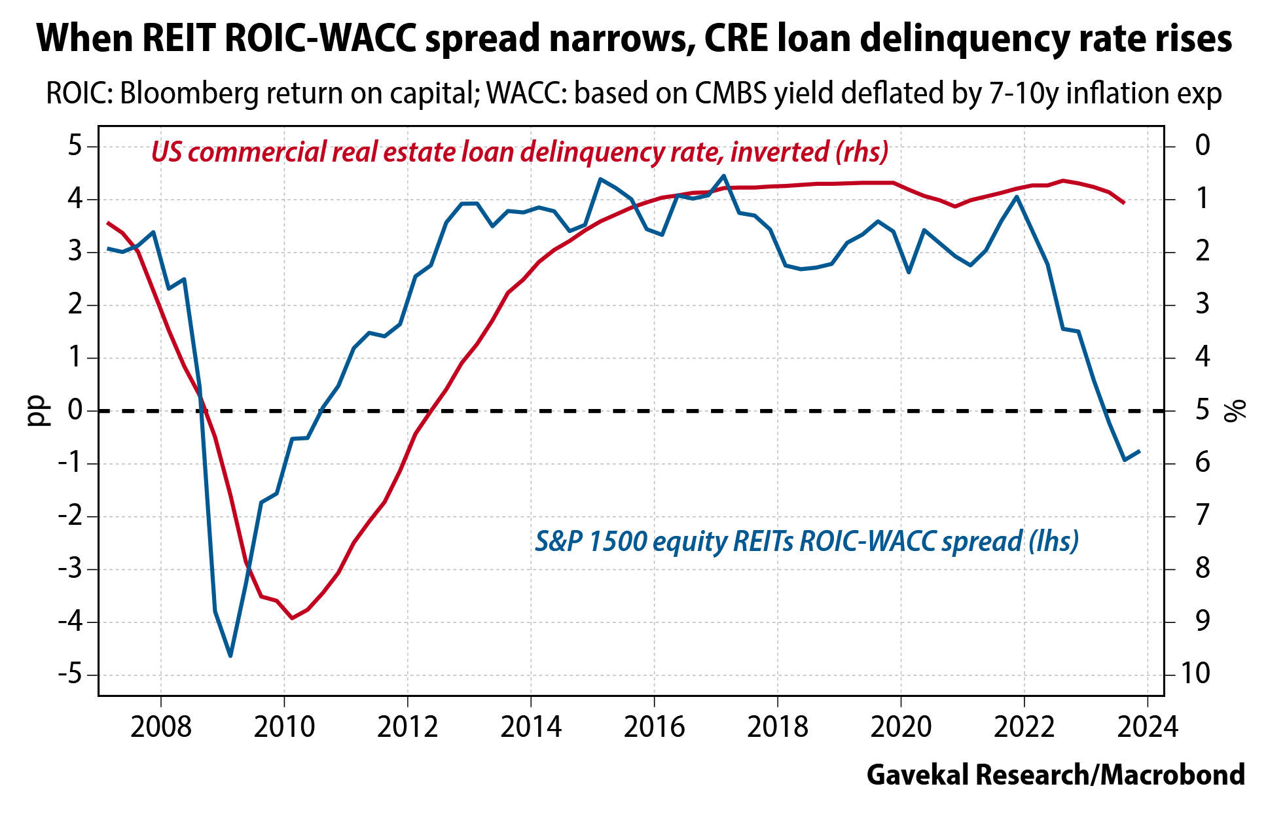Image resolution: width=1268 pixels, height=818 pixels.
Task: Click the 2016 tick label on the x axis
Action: (654, 727)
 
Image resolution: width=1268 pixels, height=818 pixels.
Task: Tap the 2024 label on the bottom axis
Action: (1148, 727)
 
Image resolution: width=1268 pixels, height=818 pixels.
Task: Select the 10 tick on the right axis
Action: (1194, 673)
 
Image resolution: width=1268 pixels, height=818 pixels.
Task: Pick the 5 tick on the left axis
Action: (75, 145)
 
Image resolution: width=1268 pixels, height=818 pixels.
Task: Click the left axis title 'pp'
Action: (39, 411)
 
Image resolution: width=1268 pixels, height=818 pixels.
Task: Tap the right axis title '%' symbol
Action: (1235, 411)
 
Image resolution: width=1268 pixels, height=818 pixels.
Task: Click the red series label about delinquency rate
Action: (519, 152)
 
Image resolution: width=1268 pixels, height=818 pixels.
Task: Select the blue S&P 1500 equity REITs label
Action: (806, 541)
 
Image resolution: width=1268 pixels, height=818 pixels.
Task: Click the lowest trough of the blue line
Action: (230, 656)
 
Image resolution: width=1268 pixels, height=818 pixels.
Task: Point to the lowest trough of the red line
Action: (292, 618)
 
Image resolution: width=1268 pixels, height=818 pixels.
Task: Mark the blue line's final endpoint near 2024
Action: (1140, 451)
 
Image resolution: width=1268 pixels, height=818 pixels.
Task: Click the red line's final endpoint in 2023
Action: (1124, 203)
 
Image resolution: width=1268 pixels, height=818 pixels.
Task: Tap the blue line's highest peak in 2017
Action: (723, 175)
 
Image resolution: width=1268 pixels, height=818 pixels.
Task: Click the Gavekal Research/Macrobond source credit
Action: (1055, 775)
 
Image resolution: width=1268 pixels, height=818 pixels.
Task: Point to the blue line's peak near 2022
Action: (1016, 196)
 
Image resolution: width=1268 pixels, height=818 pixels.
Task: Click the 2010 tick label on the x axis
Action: (283, 727)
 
